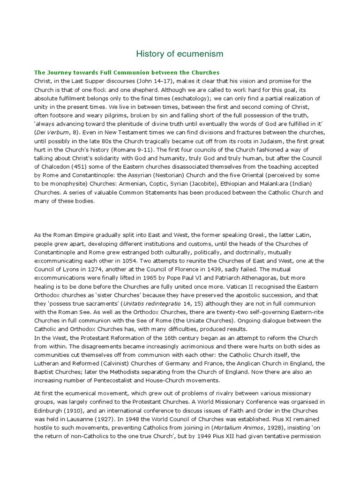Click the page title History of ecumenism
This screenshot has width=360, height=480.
[180, 54]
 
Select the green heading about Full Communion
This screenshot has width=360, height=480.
[127, 73]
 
